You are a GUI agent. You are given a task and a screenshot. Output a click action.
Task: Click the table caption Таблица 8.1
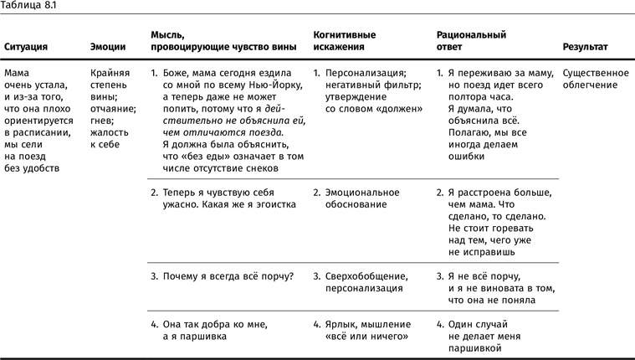27,7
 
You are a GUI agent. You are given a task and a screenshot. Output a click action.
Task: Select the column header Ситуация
28,47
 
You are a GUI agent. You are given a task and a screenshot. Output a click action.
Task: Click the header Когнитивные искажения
344,41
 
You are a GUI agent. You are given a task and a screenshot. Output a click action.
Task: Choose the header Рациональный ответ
472,41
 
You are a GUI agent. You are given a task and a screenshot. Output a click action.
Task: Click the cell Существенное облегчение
596,79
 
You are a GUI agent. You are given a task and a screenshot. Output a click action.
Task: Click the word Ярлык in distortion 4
345,324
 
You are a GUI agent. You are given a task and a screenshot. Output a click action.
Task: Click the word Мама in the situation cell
17,73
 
